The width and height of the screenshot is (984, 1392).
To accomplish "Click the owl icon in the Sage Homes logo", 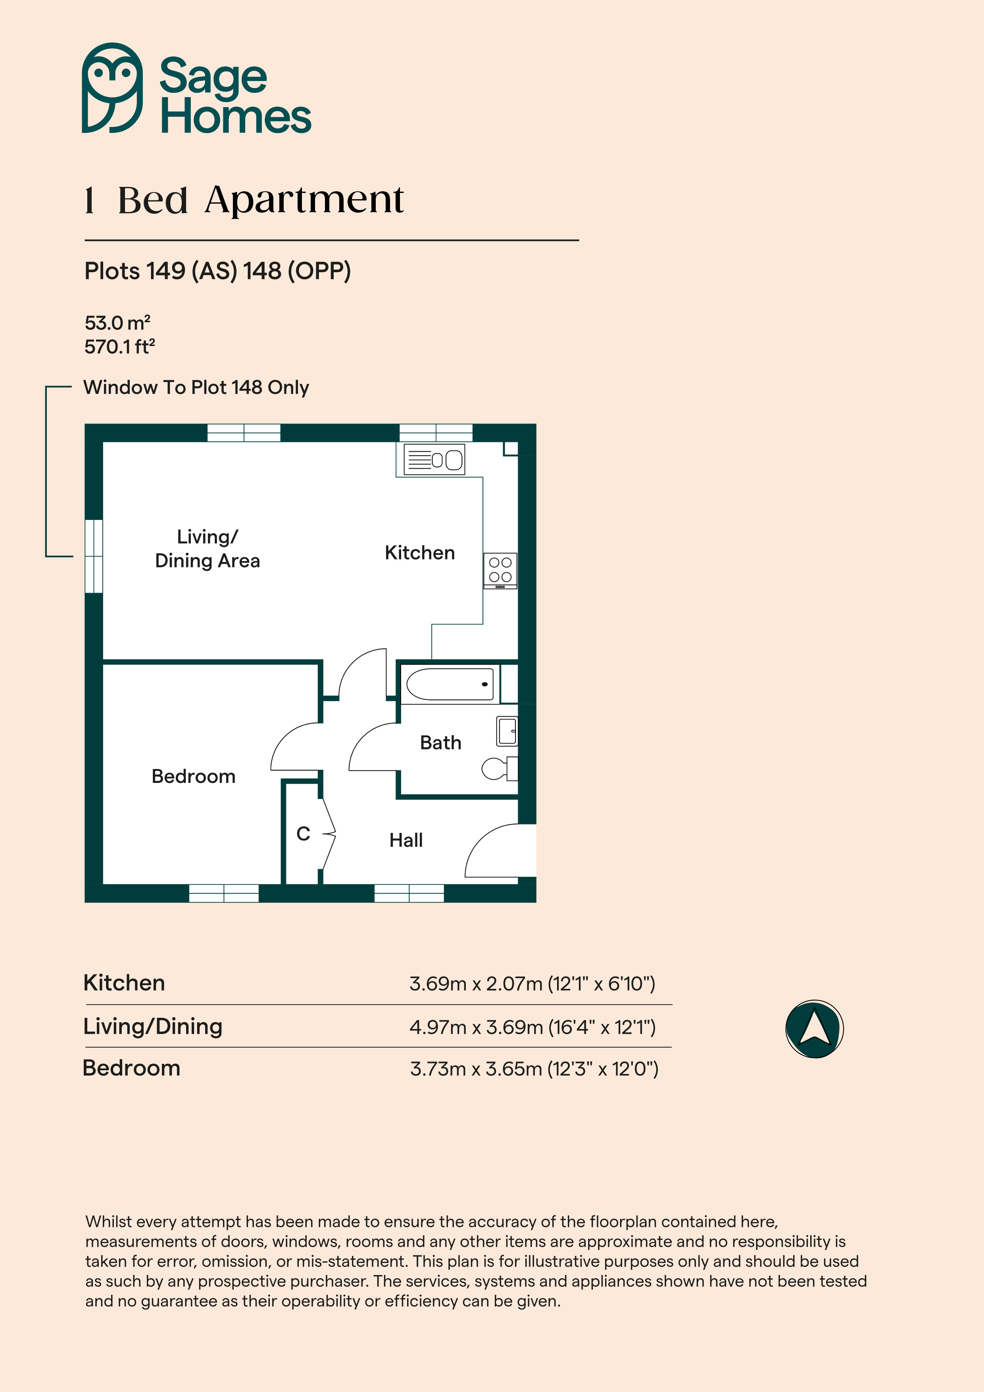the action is [x=112, y=88].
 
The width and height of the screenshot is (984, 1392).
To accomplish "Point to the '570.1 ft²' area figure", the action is [x=119, y=346].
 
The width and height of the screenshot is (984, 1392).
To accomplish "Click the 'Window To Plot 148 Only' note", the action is [x=196, y=387].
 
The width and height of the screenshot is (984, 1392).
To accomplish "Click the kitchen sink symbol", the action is [x=434, y=459].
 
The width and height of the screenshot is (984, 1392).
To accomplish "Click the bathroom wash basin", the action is [x=507, y=731].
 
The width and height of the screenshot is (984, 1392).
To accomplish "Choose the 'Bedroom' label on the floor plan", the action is [x=193, y=776].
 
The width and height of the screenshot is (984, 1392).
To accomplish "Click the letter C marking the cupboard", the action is [x=303, y=834].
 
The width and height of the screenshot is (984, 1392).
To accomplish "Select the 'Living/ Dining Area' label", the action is [x=208, y=549].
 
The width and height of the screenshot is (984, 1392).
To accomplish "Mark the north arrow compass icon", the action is [x=814, y=1029].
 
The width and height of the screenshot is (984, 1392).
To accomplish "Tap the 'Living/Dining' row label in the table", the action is [x=153, y=1027].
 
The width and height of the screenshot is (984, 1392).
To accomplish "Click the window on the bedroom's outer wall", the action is [x=224, y=893].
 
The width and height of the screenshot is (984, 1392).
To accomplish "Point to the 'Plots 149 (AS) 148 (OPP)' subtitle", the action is [x=218, y=271].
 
